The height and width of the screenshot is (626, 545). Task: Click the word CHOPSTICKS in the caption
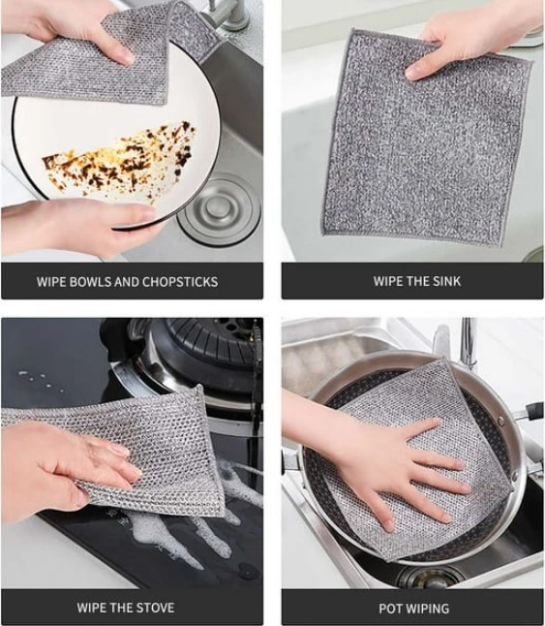[180, 282]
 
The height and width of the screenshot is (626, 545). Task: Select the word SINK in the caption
[447, 281]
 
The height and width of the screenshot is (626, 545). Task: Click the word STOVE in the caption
[155, 608]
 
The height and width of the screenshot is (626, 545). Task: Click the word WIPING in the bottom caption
[428, 609]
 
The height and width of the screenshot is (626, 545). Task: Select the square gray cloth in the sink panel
[427, 138]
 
